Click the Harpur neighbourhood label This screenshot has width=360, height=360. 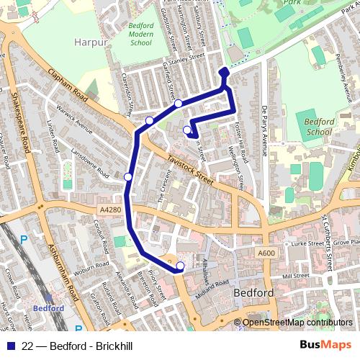pos(91,42)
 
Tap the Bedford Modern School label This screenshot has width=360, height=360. pos(140,34)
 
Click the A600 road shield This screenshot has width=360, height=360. pos(266,253)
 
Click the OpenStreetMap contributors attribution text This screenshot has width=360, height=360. pos(297,323)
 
